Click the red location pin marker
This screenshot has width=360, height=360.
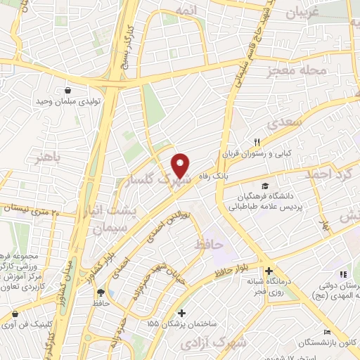181,165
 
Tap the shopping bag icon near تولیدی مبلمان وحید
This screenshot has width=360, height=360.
67,91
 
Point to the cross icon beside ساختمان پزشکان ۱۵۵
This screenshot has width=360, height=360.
182,313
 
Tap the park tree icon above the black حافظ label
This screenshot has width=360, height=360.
100,292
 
